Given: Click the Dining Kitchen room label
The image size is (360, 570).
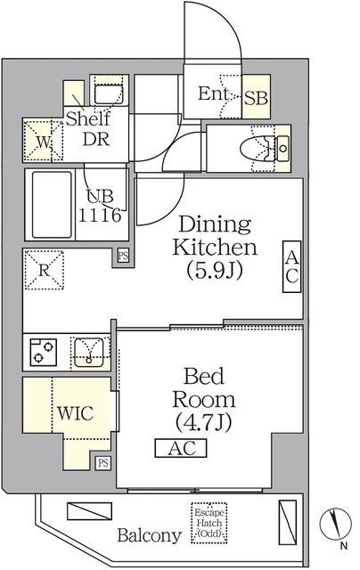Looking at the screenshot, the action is pyautogui.click(x=215, y=248).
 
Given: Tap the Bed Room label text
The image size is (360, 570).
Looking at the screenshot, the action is pyautogui.click(x=204, y=399).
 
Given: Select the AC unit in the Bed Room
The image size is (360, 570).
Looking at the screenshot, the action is pyautogui.click(x=181, y=448).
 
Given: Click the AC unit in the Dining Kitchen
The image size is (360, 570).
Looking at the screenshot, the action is pyautogui.click(x=292, y=266).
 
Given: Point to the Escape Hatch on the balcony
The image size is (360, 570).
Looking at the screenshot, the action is pyautogui.click(x=209, y=523).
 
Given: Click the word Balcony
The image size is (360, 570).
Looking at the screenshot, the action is pyautogui.click(x=149, y=535).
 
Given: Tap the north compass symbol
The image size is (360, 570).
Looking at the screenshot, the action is pyautogui.click(x=335, y=525).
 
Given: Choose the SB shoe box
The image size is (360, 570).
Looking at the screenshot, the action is pyautogui.click(x=257, y=97).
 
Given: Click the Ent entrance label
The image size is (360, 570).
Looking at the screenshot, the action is pyautogui.click(x=214, y=94).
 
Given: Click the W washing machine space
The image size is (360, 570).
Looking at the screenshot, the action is pyautogui.click(x=44, y=141).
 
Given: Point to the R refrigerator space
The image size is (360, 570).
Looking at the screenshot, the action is pyautogui.click(x=44, y=269).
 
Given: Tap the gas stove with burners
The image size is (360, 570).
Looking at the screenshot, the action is pyautogui.click(x=44, y=352).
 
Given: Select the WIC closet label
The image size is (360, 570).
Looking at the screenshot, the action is pyautogui.click(x=75, y=413).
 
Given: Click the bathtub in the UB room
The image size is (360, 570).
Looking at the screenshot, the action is pyautogui.click(x=52, y=205).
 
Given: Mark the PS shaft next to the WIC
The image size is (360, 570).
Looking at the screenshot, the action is pyautogui.click(x=103, y=463).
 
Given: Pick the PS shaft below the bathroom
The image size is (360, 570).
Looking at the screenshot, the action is pyautogui.click(x=123, y=256).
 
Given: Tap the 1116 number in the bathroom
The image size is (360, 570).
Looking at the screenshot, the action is pyautogui.click(x=100, y=216).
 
